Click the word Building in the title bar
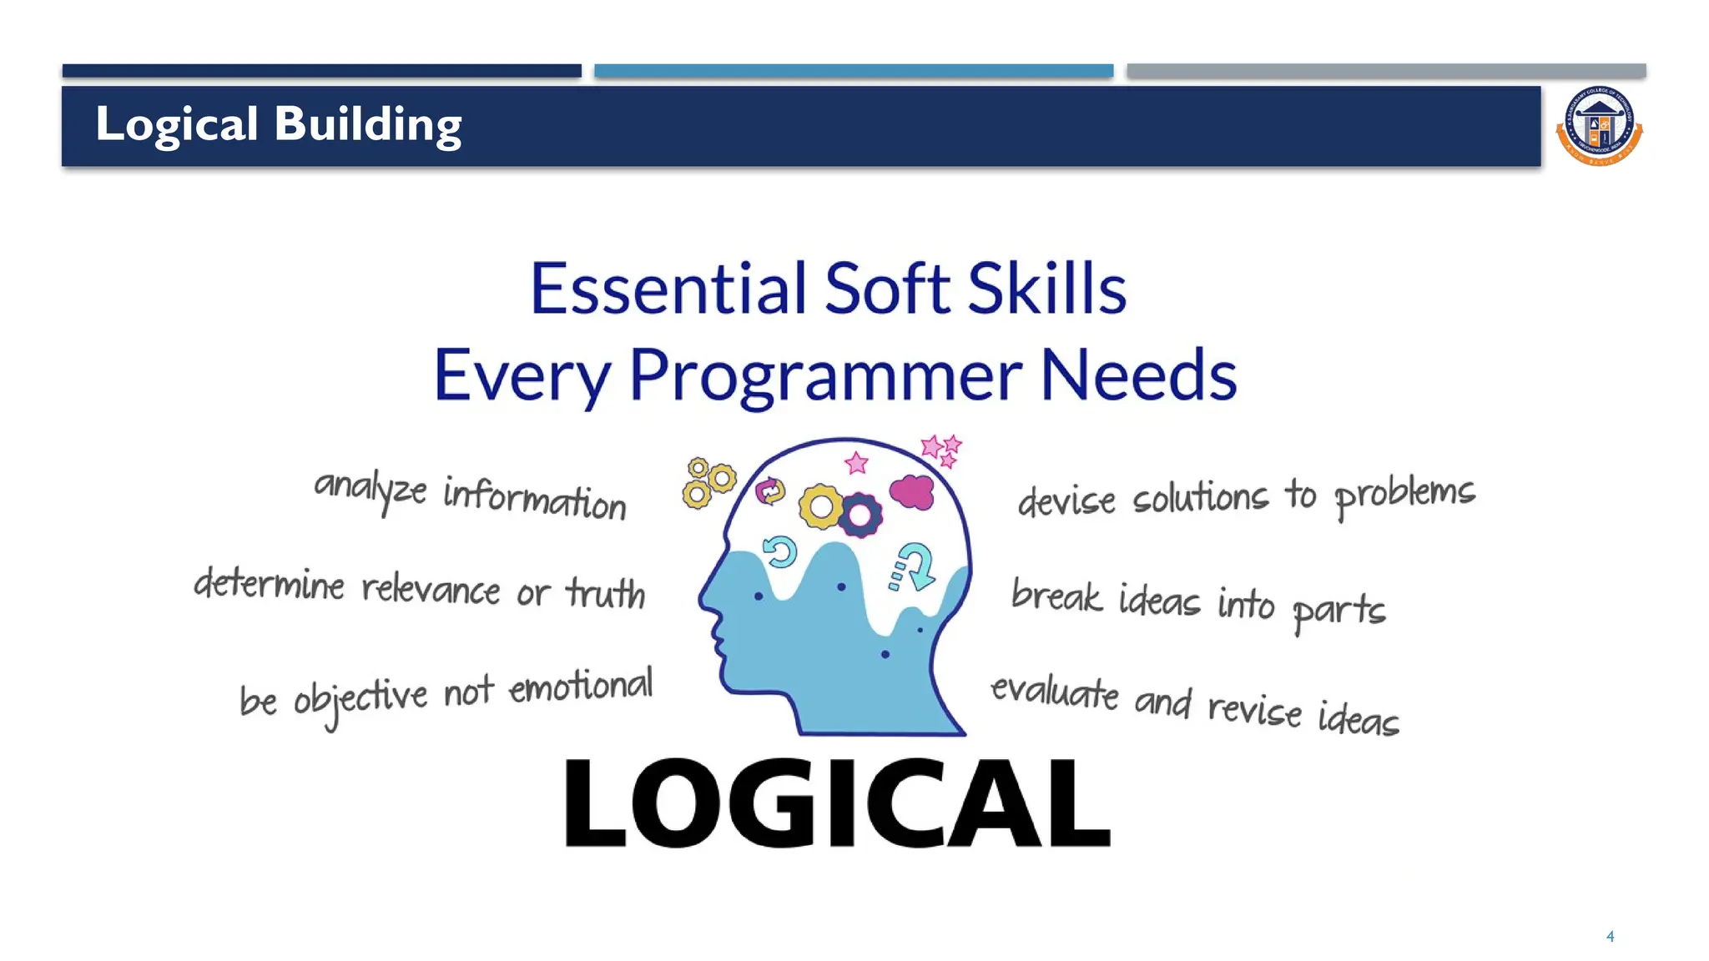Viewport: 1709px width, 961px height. (x=367, y=125)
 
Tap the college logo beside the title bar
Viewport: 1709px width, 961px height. (x=1599, y=127)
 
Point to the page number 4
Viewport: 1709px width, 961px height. (x=1610, y=937)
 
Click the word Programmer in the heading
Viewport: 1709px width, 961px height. (x=825, y=376)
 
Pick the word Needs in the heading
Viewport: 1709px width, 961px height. (x=1138, y=375)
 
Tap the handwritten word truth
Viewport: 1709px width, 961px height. (x=606, y=593)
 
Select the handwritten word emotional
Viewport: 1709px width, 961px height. (x=581, y=687)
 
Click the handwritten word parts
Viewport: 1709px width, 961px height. (x=1338, y=610)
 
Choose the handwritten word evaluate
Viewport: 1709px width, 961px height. (x=1055, y=692)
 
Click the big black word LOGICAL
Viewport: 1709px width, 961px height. (x=837, y=803)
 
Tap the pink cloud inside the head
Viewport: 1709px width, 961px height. (x=912, y=491)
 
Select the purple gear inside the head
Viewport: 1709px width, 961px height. (x=860, y=515)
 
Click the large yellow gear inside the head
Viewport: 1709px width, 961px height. (x=821, y=506)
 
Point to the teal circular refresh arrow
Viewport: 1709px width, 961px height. (x=780, y=551)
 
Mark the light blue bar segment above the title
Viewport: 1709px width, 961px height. (x=853, y=71)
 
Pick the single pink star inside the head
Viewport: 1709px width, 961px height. (x=856, y=462)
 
